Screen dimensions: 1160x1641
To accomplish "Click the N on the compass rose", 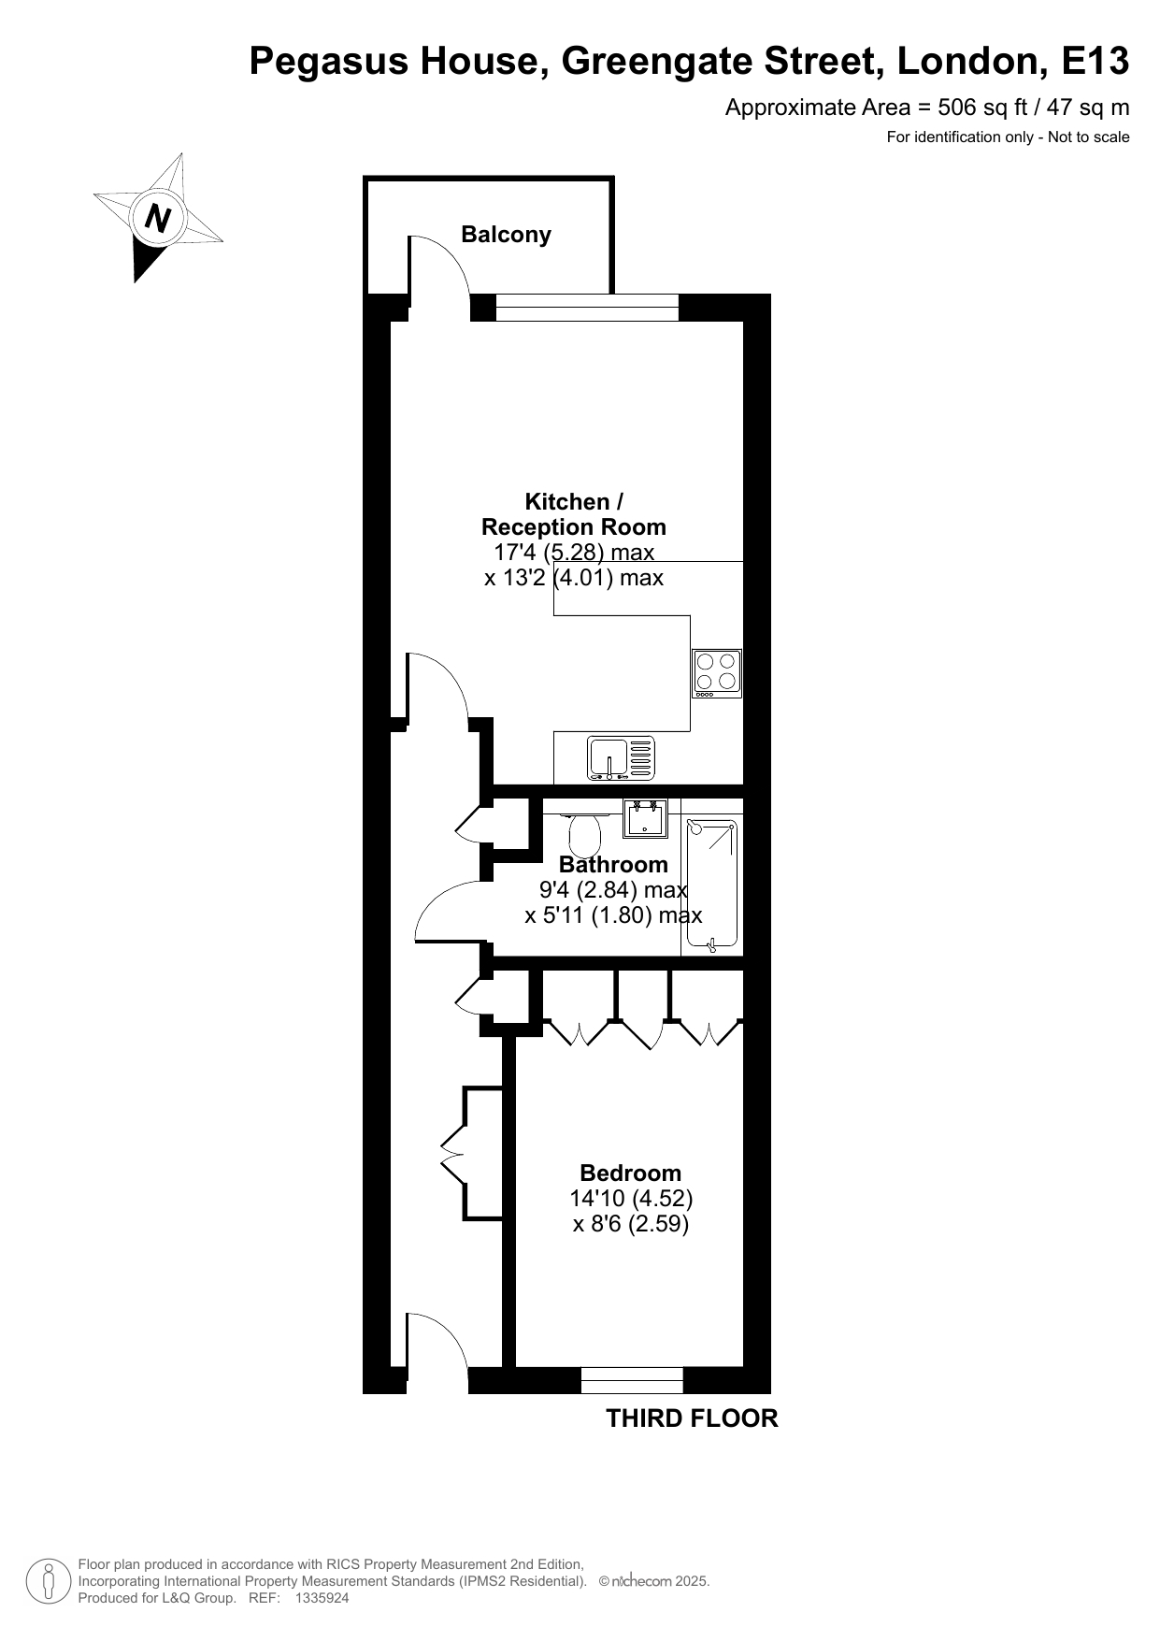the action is pyautogui.click(x=158, y=219).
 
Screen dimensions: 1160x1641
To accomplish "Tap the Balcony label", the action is pyautogui.click(x=506, y=234).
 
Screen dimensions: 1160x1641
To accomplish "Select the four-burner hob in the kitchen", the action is pyautogui.click(x=717, y=673).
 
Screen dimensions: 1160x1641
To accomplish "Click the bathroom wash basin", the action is pyautogui.click(x=646, y=817).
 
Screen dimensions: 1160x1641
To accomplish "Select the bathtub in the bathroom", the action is pyautogui.click(x=711, y=885).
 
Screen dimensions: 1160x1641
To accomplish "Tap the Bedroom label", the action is pyautogui.click(x=631, y=1173).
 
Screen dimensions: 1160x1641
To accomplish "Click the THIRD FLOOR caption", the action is pyautogui.click(x=692, y=1418).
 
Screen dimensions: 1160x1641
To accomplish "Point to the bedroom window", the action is pyautogui.click(x=632, y=1380).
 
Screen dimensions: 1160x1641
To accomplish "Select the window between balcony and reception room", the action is pyautogui.click(x=587, y=308).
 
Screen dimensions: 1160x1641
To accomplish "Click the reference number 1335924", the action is pyautogui.click(x=322, y=1599).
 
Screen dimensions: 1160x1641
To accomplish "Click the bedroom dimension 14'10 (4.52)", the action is pyautogui.click(x=631, y=1198).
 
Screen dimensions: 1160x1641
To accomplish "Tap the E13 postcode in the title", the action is pyautogui.click(x=1095, y=62).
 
